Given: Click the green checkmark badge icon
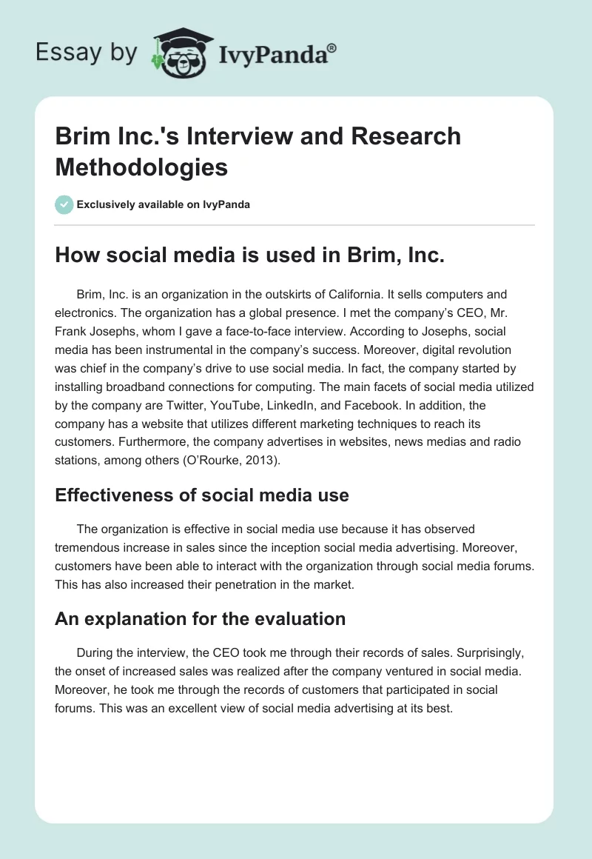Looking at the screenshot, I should point(64,204).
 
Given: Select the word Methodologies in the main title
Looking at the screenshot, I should point(141,167).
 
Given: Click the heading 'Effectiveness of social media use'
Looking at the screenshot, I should point(202,495).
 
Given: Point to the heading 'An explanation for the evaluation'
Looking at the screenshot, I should point(201,618).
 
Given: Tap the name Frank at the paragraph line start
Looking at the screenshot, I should point(70,331).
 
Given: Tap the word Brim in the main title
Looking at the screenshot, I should point(81,136).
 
